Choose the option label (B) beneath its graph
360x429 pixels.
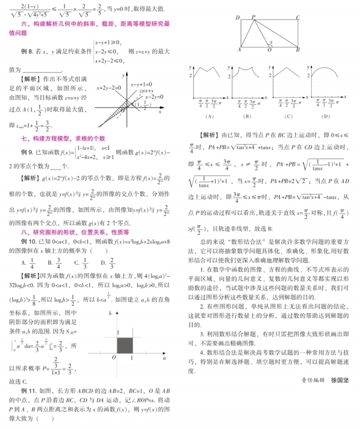click(x=248, y=117)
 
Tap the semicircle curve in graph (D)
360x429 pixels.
click(x=325, y=69)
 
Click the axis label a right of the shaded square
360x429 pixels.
click(x=164, y=358)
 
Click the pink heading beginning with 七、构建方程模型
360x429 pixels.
click(x=63, y=139)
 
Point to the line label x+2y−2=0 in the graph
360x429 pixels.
click(x=109, y=88)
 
